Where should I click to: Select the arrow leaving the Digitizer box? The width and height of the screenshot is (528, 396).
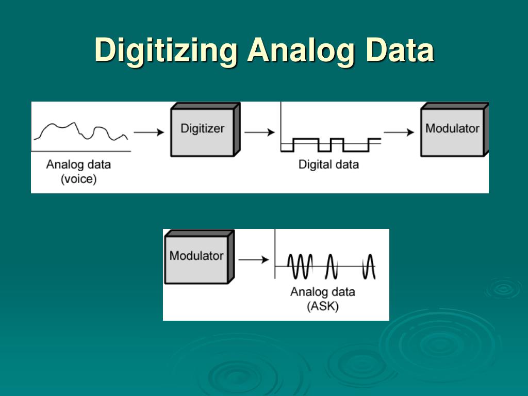(259, 133)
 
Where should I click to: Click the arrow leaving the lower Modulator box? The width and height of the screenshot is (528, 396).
(253, 260)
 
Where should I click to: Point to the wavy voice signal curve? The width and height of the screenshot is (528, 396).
(80, 131)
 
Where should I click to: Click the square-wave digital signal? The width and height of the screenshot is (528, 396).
(331, 145)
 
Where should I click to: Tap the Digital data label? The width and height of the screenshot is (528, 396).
(328, 165)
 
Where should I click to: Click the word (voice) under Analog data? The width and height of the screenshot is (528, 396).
(78, 180)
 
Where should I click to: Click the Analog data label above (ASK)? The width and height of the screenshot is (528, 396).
(323, 292)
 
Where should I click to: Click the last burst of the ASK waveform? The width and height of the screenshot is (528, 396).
(368, 266)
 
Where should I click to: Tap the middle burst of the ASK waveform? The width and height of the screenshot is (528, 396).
(331, 266)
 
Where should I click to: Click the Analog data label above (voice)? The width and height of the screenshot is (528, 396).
(78, 165)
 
